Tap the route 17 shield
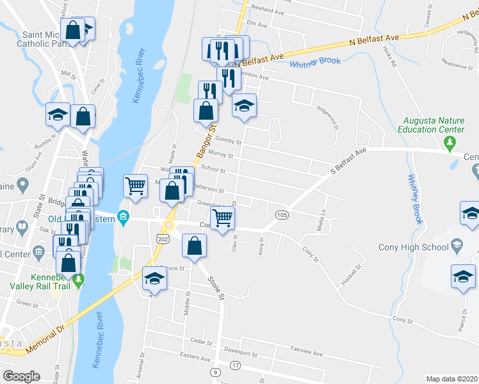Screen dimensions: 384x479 pos(236,365)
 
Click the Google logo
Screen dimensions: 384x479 pos(21,376)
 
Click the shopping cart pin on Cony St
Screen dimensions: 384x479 pos(222,218)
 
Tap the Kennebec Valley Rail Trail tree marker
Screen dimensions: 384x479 pos(79,280)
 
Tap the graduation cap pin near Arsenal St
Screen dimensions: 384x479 pos(154,278)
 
